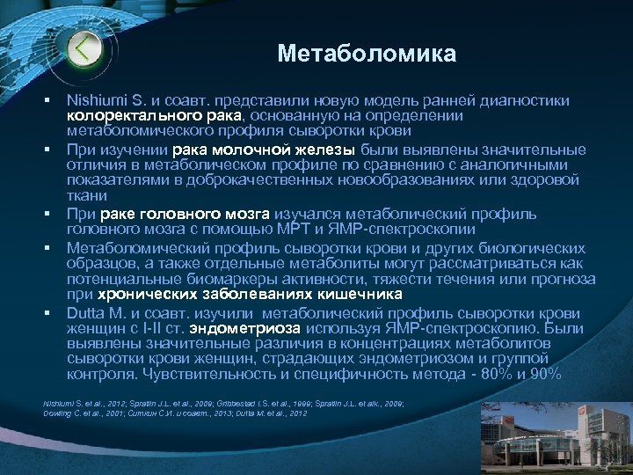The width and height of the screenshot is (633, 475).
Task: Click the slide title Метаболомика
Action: pyautogui.click(x=367, y=55)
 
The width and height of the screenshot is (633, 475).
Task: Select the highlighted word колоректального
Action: pyautogui.click(x=135, y=115)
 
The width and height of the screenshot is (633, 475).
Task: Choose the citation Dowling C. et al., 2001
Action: pyautogui.click(x=80, y=412)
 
